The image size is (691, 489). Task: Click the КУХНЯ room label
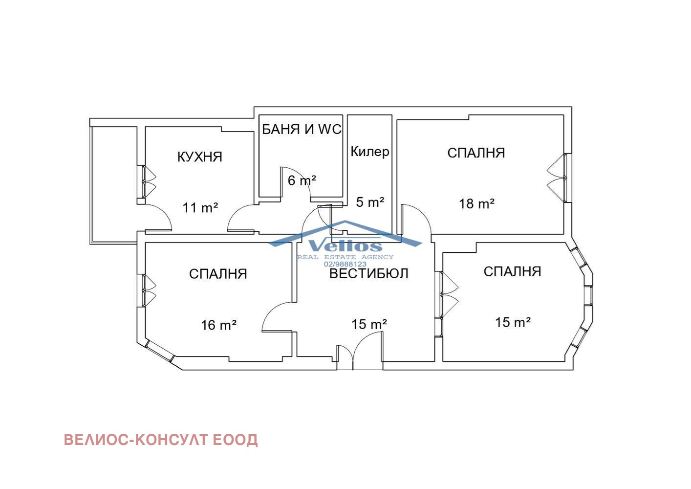199,157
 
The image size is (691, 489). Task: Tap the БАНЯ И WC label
302,130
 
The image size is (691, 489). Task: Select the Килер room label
370,152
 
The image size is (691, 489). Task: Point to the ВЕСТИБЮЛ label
369,273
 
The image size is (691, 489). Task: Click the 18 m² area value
476,204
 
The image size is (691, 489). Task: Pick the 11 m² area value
200,207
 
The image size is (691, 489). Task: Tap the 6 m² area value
302,180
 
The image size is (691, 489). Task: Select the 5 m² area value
370,202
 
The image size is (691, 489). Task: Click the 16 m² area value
219,325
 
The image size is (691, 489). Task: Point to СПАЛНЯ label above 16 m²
218,274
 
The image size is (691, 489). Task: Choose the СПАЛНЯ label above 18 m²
476,153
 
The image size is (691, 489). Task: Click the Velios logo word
345,246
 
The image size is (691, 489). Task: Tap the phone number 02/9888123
345,264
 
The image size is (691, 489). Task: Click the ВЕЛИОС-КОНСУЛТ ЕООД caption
161,440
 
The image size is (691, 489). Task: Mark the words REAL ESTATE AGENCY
345,257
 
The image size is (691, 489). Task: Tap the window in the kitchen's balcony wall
144,181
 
